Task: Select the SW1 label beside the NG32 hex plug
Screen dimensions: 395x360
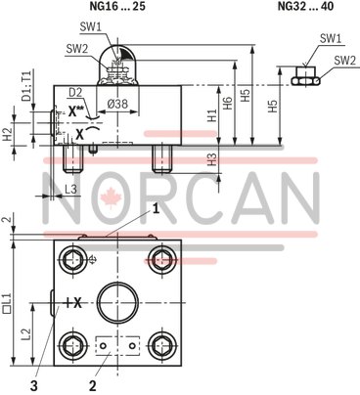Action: click(331, 39)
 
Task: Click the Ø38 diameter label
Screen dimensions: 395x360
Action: click(119, 103)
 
